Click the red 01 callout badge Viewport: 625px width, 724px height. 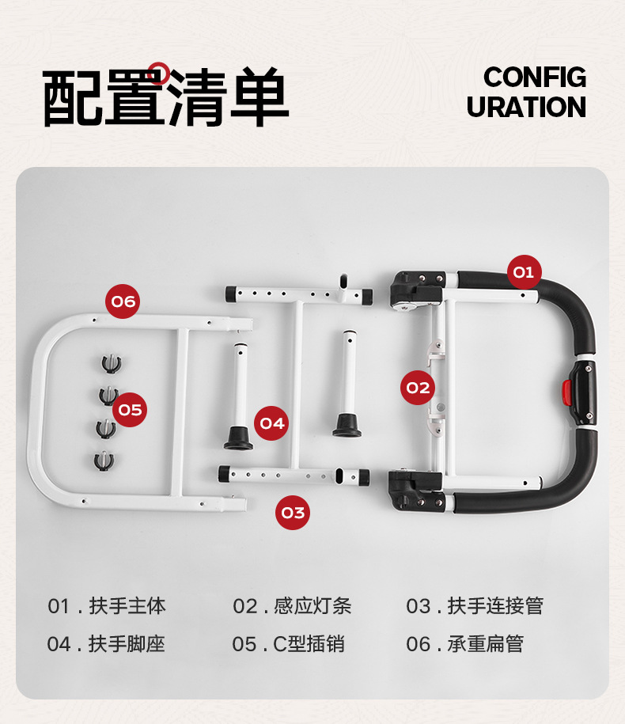pyautogui.click(x=523, y=272)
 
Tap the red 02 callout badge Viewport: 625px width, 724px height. pyautogui.click(x=418, y=388)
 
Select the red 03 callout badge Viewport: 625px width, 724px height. pyautogui.click(x=293, y=513)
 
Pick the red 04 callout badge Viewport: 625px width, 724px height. pyautogui.click(x=272, y=423)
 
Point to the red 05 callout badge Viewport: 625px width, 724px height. pyautogui.click(x=130, y=410)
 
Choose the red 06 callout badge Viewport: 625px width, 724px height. pyautogui.click(x=123, y=301)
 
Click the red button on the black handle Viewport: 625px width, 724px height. pyautogui.click(x=566, y=390)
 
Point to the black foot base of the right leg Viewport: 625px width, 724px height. pyautogui.click(x=347, y=426)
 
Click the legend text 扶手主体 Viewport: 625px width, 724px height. pyautogui.click(x=127, y=607)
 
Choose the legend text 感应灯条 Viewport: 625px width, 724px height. pyautogui.click(x=312, y=607)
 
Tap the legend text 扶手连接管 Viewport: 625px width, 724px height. pyautogui.click(x=495, y=607)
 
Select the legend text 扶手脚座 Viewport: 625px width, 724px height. pyautogui.click(x=127, y=644)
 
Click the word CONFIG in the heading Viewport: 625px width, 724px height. pyautogui.click(x=535, y=78)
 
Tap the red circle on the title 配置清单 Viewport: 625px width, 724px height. pyautogui.click(x=160, y=74)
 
